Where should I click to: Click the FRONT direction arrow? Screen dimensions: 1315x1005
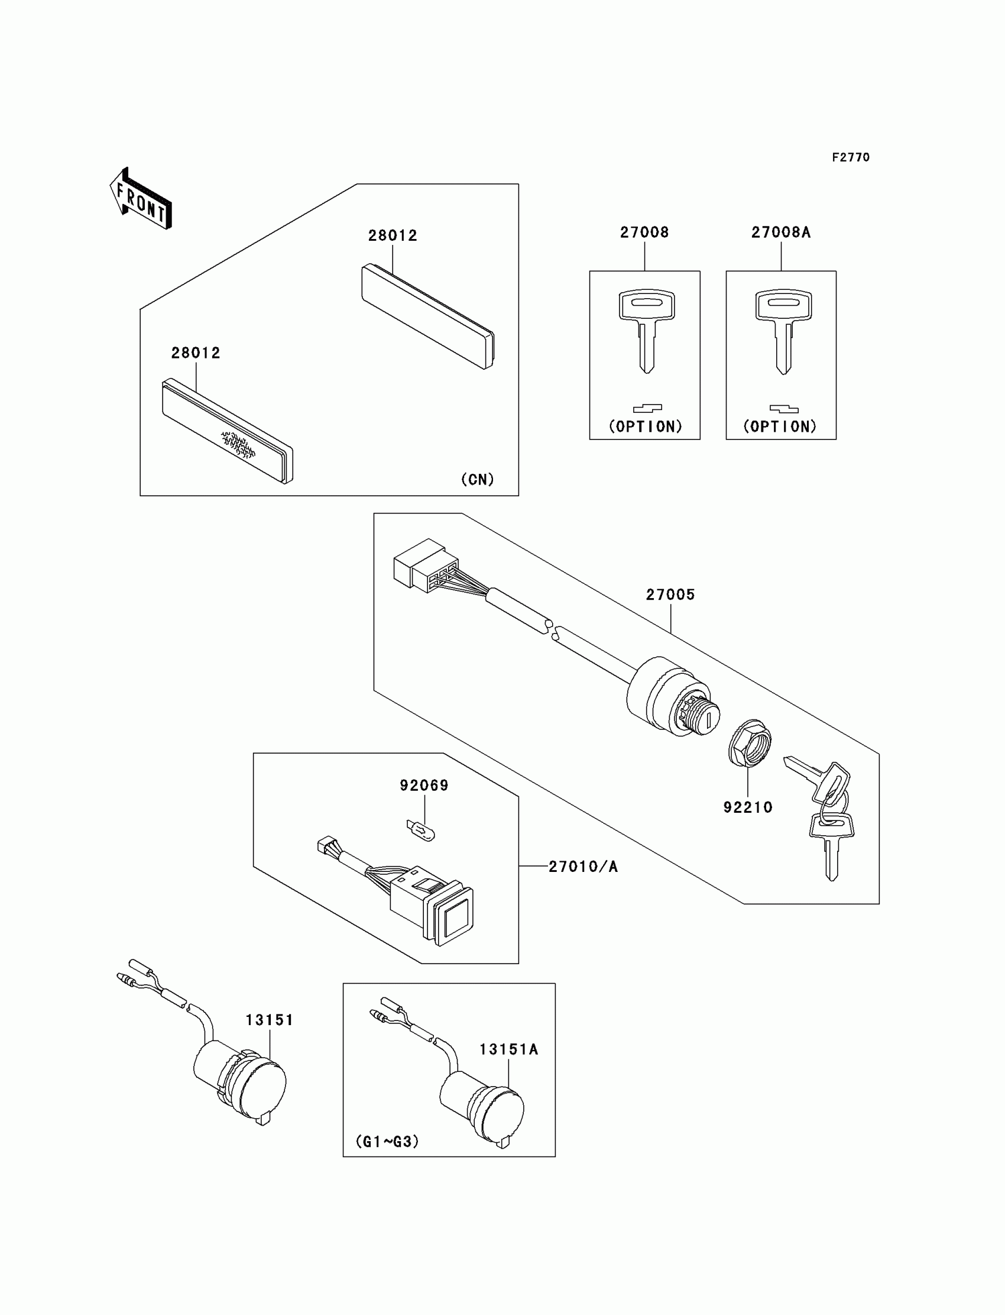tap(141, 199)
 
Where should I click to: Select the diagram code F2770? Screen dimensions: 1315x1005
tap(850, 157)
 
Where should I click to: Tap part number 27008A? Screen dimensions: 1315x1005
tap(781, 232)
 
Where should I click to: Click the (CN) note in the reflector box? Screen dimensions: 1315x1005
tap(478, 479)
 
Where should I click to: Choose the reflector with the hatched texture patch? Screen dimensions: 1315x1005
tap(228, 431)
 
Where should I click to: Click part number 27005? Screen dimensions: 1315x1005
tap(670, 595)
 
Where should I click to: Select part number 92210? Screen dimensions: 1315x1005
tap(748, 807)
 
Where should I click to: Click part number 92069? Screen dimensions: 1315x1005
tap(424, 786)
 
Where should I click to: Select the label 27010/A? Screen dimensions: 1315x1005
tap(583, 866)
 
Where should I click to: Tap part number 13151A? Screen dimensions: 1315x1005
tap(508, 1049)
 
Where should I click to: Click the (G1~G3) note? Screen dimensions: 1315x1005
tap(387, 1142)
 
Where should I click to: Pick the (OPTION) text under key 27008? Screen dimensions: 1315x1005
tap(646, 426)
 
